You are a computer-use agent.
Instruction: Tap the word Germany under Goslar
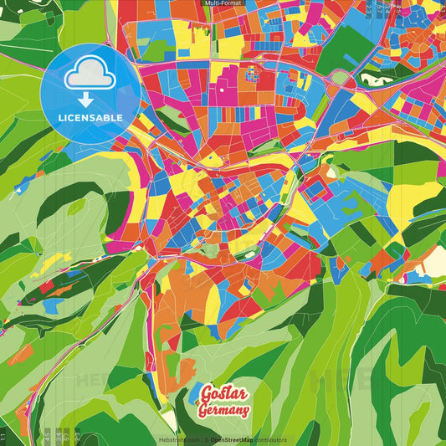pos(224,410)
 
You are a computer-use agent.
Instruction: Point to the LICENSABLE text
pos(90,118)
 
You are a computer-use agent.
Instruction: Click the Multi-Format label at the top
pos(223,3)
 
